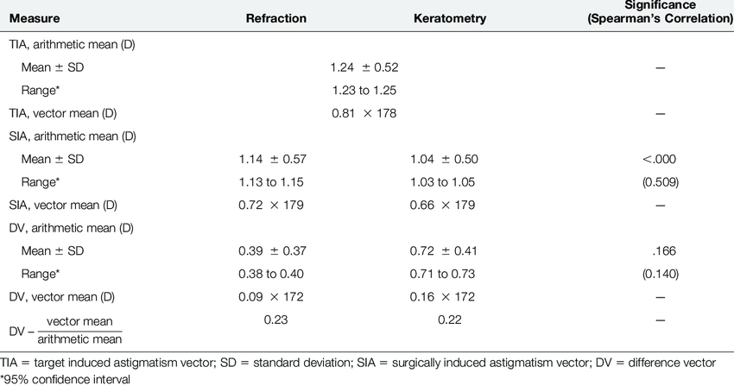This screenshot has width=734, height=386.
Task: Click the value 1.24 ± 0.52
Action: [x=364, y=66]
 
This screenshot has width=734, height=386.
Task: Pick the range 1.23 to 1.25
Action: [x=364, y=90]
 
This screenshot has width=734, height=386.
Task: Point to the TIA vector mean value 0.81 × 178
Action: [x=364, y=113]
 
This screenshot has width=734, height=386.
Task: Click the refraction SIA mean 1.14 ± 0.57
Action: [x=273, y=159]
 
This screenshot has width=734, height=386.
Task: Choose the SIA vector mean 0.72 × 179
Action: [x=273, y=206]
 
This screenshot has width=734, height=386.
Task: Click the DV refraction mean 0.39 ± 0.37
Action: [x=273, y=251]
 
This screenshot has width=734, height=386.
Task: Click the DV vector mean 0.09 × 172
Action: [x=273, y=298]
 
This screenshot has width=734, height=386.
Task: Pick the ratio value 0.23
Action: [x=273, y=320]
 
